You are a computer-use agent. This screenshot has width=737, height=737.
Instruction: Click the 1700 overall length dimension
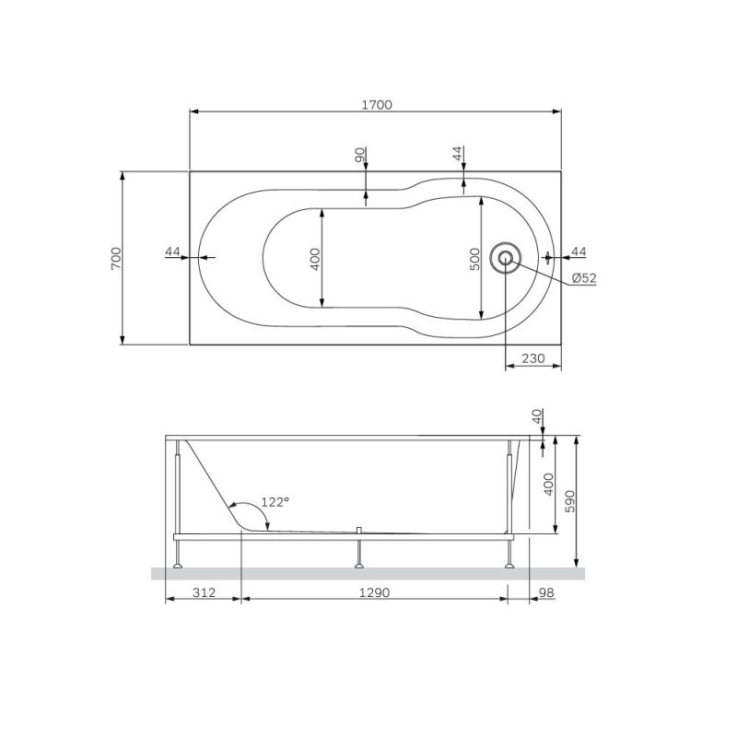coord(376,105)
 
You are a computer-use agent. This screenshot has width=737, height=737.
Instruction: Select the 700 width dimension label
coord(115,258)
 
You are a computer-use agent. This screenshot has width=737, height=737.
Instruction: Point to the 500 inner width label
coord(474,260)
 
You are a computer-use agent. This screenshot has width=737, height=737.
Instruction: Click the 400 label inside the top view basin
coord(315,258)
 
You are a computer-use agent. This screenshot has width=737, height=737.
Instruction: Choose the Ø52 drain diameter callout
coord(583,278)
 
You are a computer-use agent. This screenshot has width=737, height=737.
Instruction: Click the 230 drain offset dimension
coord(533,358)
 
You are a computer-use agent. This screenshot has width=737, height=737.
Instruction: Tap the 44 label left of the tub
coord(173,252)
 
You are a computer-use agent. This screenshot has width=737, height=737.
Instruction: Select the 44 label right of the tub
coord(579,252)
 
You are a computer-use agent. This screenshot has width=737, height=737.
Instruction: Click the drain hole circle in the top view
coord(505,257)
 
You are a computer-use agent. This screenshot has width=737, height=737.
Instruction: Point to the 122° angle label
coord(275,502)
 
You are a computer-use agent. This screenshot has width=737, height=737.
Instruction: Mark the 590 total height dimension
coord(569,501)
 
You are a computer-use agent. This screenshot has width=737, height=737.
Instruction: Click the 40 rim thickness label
coord(538,417)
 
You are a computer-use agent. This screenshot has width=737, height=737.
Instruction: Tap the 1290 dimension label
coord(374,592)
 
